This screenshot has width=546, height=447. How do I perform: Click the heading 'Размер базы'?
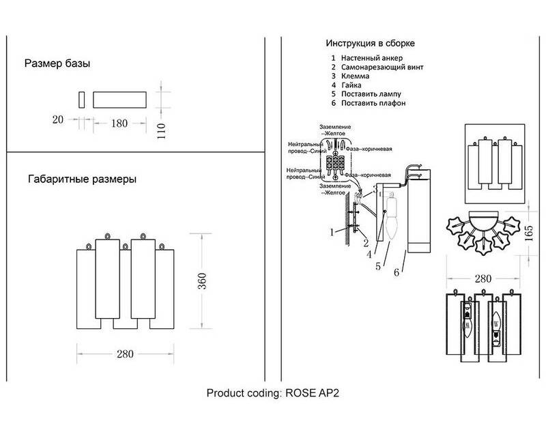57,64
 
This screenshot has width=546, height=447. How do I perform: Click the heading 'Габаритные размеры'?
82,179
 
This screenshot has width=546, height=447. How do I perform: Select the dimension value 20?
57,120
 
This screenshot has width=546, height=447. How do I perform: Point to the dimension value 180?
119,124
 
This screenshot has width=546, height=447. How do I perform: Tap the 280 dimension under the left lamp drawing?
125,354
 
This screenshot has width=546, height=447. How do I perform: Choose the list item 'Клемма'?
355,76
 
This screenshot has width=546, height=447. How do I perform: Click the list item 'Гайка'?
352,85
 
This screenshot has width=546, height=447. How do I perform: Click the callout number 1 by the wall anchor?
332,232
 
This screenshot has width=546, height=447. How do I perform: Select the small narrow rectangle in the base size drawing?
82,99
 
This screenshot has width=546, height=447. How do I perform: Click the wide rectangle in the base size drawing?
120,99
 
